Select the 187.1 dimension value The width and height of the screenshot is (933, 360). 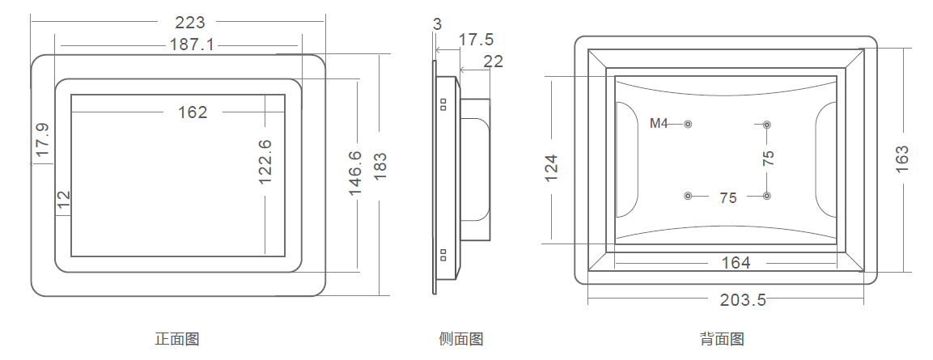click(192, 44)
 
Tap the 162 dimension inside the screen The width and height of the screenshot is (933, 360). click(193, 112)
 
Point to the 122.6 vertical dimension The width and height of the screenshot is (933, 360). click(265, 162)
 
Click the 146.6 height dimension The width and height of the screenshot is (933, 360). click(355, 172)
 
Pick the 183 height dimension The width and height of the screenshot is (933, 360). click(380, 167)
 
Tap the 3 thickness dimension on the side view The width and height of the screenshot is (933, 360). click(437, 24)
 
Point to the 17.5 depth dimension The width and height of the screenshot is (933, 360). click(476, 40)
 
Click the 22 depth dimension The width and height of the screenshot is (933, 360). click(493, 61)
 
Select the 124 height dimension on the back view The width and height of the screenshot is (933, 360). click(552, 167)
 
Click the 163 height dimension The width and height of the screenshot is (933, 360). click(902, 157)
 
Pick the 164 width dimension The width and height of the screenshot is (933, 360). click(736, 263)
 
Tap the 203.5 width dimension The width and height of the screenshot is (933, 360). click(743, 300)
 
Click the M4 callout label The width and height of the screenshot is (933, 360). click(659, 124)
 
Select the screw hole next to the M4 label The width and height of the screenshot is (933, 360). click(688, 124)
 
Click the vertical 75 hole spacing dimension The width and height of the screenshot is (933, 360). click(768, 158)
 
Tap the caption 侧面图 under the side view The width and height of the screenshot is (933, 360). click(460, 340)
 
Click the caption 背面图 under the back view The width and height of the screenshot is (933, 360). click(722, 340)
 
